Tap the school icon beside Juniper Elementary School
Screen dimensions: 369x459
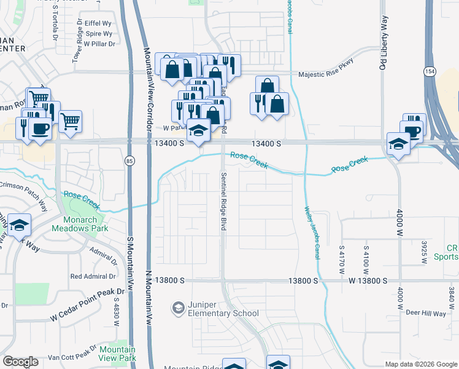(178, 307)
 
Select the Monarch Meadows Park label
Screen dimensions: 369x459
(85, 224)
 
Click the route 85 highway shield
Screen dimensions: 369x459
(128, 161)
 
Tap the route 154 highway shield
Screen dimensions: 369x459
(430, 72)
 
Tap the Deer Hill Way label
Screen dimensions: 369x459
(425, 313)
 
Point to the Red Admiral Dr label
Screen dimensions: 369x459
(93, 277)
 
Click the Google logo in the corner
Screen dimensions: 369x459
(20, 362)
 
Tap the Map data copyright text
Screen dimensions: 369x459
(420, 364)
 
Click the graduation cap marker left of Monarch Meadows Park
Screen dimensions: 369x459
(20, 226)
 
